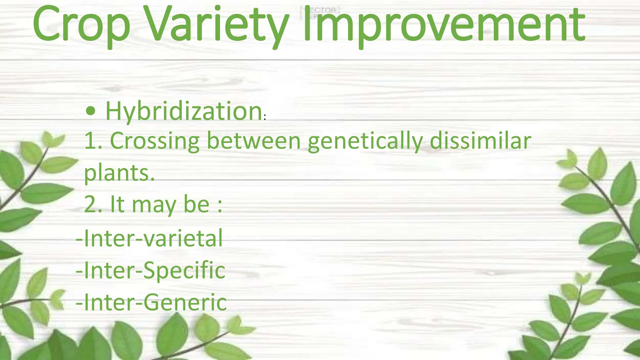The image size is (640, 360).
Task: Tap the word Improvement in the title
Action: (444, 25)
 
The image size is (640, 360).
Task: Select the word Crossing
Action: (155, 141)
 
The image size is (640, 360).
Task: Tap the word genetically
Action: (365, 141)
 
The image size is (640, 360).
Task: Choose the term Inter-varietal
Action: (149, 238)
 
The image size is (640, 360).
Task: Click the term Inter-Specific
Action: (150, 270)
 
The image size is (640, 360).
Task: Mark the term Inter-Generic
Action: (151, 302)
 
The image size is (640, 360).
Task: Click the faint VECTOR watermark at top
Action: (320, 12)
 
